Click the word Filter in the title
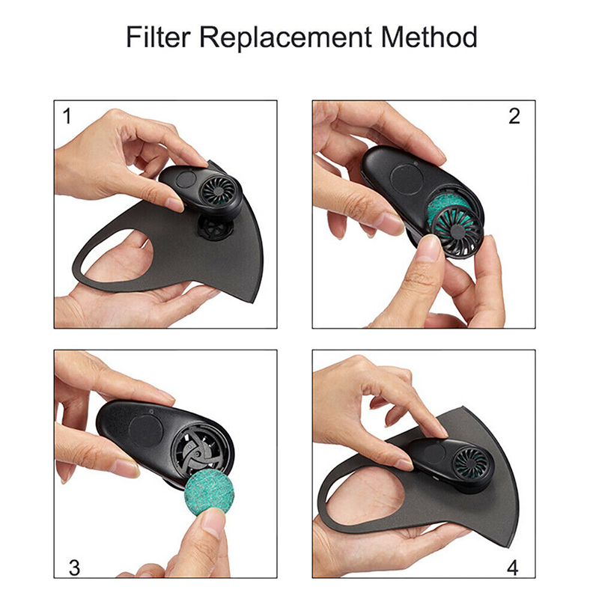[158, 37]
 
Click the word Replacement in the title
[285, 38]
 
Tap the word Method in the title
[429, 37]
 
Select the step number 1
[67, 116]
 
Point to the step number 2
[514, 116]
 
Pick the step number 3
[74, 568]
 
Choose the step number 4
[513, 568]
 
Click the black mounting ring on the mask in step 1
[216, 228]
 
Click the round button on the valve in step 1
[186, 179]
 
